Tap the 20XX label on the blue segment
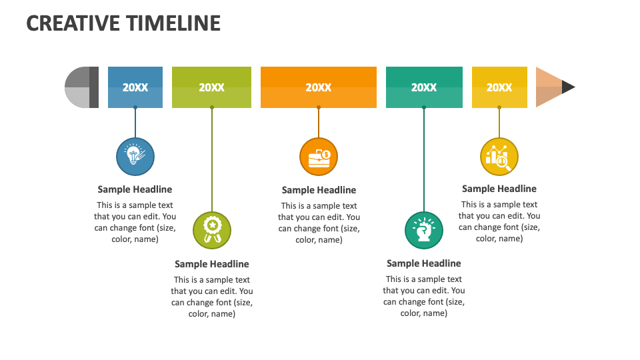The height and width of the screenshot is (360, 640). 135,87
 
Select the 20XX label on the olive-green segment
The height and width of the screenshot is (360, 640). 211,87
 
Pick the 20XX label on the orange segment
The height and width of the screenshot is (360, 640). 318,87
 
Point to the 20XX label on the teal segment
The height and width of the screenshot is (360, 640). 424,87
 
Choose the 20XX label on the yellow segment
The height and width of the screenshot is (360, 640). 499,87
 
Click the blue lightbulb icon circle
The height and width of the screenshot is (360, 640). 135,157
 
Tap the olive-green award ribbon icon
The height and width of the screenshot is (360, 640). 212,230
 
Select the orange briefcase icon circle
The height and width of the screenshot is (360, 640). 319,157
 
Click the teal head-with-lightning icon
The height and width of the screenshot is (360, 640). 424,231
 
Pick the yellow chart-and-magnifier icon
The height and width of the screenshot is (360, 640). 499,157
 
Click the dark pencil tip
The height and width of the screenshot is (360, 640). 568,87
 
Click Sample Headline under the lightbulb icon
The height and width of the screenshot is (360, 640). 135,189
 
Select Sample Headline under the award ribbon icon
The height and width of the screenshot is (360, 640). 212,264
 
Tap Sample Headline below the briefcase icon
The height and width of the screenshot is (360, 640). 319,190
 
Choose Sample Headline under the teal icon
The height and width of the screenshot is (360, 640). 424,263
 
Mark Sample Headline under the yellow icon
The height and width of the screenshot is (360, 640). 499,189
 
